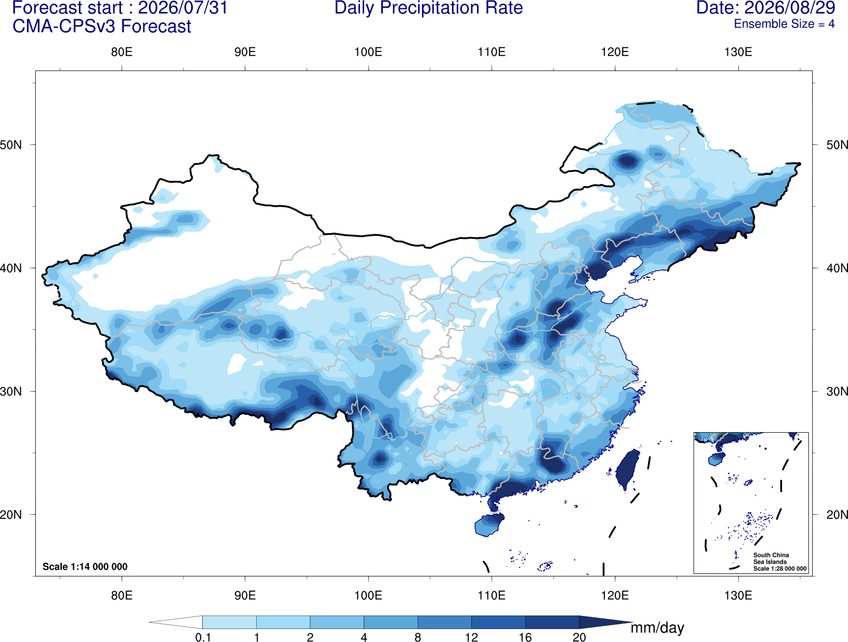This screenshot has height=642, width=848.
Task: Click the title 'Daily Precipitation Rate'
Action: point(429,8)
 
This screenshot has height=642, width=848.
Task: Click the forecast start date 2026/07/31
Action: point(183,8)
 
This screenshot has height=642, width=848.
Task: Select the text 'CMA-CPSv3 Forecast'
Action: point(102,26)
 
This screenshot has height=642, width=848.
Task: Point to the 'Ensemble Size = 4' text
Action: point(784,24)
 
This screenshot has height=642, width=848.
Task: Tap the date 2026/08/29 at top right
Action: point(790,8)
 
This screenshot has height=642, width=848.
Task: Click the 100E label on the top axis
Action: point(368,52)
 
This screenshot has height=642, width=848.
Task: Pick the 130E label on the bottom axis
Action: point(738,595)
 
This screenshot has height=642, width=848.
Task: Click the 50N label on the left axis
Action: point(11,145)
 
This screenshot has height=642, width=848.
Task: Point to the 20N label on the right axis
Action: point(837,514)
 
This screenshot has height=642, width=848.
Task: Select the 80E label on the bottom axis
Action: point(122,595)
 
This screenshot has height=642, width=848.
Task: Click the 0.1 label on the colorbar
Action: point(203,637)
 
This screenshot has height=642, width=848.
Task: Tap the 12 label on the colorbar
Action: point(471,637)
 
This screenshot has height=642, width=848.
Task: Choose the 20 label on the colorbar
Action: point(579,637)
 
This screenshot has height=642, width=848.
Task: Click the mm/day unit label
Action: point(657,628)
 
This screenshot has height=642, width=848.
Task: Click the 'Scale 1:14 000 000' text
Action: point(85,566)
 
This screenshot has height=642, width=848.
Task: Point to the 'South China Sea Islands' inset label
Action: point(771,558)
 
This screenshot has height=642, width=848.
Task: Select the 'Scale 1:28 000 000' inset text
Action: point(779,568)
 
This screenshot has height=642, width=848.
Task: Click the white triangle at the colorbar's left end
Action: point(176,622)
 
